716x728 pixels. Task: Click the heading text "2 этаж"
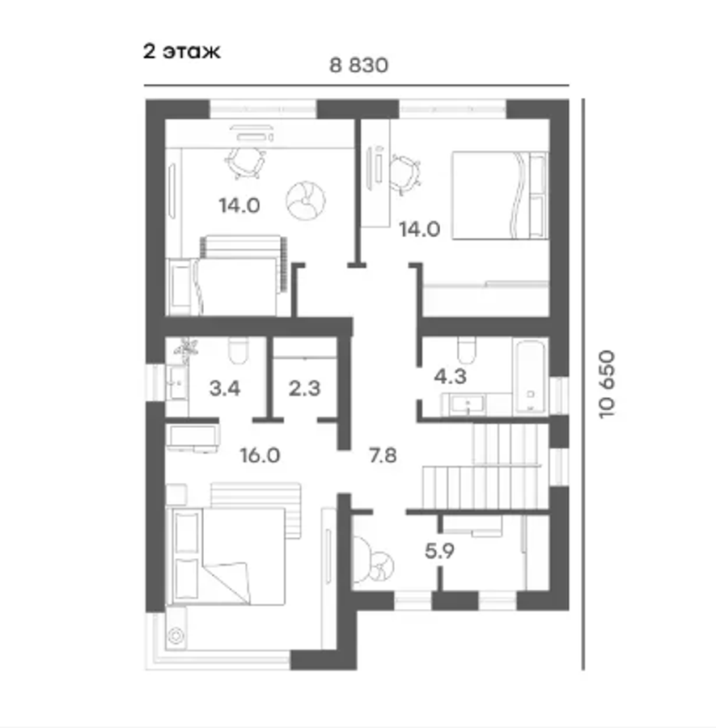click(181, 51)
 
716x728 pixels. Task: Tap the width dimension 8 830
click(358, 66)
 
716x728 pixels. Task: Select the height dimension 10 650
click(607, 384)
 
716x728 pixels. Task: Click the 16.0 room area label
click(260, 455)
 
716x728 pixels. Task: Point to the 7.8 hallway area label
click(383, 455)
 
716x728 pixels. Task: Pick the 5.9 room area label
click(439, 551)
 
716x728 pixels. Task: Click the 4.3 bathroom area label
click(450, 376)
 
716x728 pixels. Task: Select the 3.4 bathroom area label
click(225, 388)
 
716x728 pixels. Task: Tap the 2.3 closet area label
click(304, 388)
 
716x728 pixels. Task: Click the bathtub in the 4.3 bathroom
click(530, 376)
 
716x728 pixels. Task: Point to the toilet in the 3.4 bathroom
click(238, 350)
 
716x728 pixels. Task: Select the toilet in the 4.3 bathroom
click(467, 350)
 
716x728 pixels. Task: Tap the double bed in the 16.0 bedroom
click(227, 557)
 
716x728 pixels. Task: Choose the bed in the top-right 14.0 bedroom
click(500, 196)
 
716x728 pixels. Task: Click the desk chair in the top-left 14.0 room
click(245, 162)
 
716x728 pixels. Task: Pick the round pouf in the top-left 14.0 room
click(306, 200)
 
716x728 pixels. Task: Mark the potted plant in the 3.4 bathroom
click(186, 349)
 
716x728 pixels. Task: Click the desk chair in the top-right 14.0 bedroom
click(405, 175)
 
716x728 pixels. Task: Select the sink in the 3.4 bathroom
click(177, 382)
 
